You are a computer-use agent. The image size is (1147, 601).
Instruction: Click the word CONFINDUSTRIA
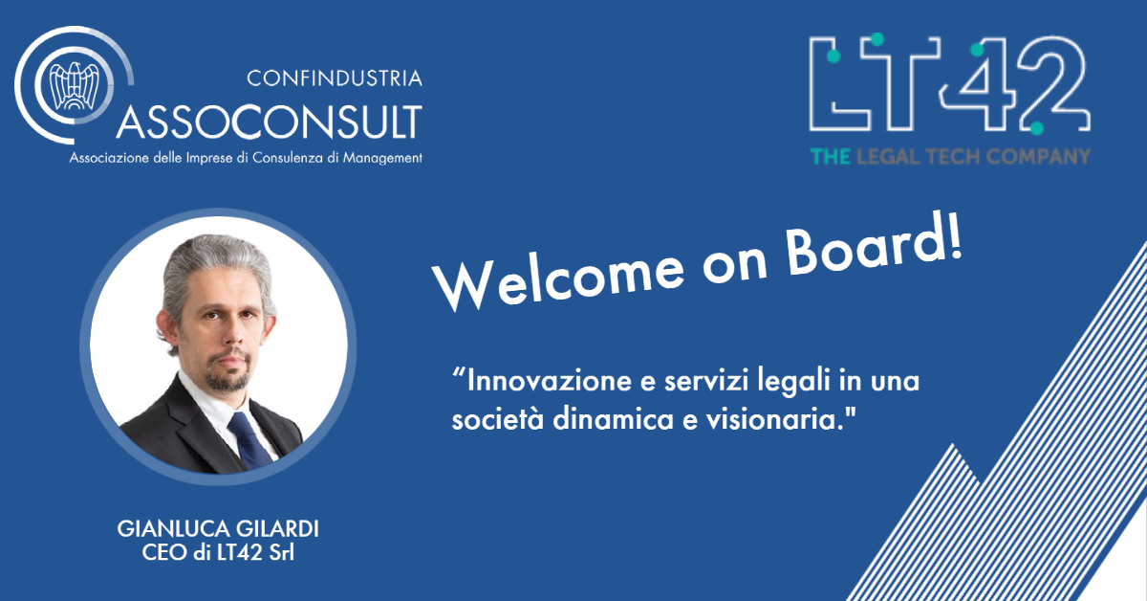pyautogui.click(x=335, y=78)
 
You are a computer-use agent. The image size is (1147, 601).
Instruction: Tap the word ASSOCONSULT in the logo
pyautogui.click(x=270, y=122)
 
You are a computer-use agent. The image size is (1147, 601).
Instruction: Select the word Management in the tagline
pyautogui.click(x=382, y=158)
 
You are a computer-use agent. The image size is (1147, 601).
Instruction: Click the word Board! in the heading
pyautogui.click(x=874, y=246)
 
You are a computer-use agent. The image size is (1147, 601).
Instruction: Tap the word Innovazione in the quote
pyautogui.click(x=550, y=381)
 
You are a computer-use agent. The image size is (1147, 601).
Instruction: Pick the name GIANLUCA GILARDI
pyautogui.click(x=218, y=528)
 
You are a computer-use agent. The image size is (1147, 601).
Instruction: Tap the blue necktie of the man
pyautogui.click(x=249, y=440)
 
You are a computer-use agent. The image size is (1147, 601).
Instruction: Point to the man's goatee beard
pyautogui.click(x=228, y=372)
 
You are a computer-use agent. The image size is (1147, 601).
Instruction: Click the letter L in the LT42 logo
pyautogui.click(x=839, y=83)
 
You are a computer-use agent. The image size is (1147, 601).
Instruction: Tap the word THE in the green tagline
pyautogui.click(x=831, y=156)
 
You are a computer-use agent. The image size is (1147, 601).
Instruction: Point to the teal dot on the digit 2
pyautogui.click(x=1037, y=128)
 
